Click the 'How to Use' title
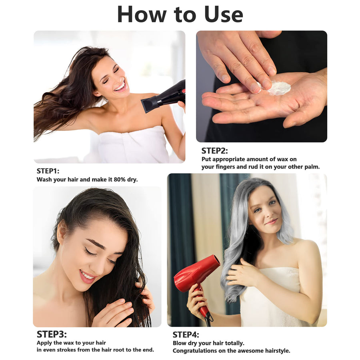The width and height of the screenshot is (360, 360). click(x=180, y=14)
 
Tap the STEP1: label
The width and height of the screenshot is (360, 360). click(x=48, y=171)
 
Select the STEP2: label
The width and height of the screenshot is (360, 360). click(x=215, y=151)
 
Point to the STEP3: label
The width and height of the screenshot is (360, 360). click(x=52, y=334)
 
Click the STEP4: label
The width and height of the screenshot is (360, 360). click(x=186, y=335)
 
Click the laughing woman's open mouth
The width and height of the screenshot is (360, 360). click(x=120, y=86)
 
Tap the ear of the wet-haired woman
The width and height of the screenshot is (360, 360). click(x=61, y=232)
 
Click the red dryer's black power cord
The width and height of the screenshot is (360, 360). click(x=209, y=317)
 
